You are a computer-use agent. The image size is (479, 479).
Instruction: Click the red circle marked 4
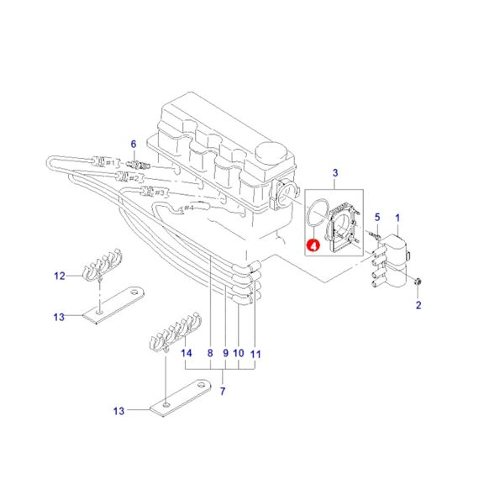tap(313, 245)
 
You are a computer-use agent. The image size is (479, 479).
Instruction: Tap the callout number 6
tap(134, 145)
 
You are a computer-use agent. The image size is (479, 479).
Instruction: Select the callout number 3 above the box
tap(335, 173)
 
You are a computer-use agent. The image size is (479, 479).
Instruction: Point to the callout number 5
tap(377, 217)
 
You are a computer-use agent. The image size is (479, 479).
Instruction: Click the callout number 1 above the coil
tap(397, 218)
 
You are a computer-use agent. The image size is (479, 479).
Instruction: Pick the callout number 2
tap(418, 305)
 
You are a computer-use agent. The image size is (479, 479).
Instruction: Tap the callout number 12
tap(60, 276)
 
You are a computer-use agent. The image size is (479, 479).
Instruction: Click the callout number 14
tap(187, 353)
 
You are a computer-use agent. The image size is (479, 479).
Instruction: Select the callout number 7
tap(223, 391)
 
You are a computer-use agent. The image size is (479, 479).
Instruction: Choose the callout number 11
tap(255, 355)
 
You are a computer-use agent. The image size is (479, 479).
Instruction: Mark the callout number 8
tap(210, 353)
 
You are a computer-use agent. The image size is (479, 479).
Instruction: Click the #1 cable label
tap(110, 163)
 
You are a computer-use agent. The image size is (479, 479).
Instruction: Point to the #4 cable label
tap(189, 208)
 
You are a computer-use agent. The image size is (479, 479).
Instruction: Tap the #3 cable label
tap(160, 192)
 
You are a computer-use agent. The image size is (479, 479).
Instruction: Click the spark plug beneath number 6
tap(139, 165)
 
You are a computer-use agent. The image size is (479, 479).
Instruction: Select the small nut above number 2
tap(418, 281)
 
